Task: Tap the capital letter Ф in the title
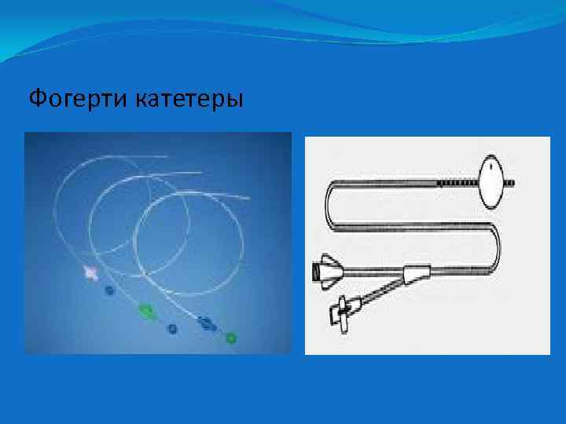(x=36, y=100)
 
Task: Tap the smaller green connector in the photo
(x=231, y=338)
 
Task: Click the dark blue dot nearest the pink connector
(x=110, y=291)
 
